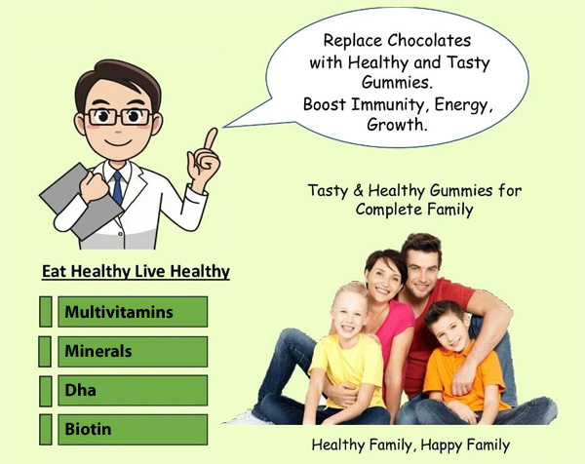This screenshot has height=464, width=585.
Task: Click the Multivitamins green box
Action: (133, 312)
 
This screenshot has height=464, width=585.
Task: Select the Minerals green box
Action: (133, 351)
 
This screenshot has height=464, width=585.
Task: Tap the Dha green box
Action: (133, 391)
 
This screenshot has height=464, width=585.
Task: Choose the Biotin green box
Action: (133, 429)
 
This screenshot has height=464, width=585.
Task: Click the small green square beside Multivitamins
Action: (45, 312)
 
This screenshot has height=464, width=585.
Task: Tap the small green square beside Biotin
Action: (45, 429)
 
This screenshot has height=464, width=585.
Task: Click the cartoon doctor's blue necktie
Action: (118, 187)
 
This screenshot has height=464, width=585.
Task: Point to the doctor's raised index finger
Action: (211, 138)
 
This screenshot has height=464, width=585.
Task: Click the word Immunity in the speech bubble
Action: (387, 105)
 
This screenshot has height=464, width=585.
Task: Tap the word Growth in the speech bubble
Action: (396, 125)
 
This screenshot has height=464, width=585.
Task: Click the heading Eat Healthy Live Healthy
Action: (136, 272)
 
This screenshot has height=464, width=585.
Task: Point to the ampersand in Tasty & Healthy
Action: (358, 191)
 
